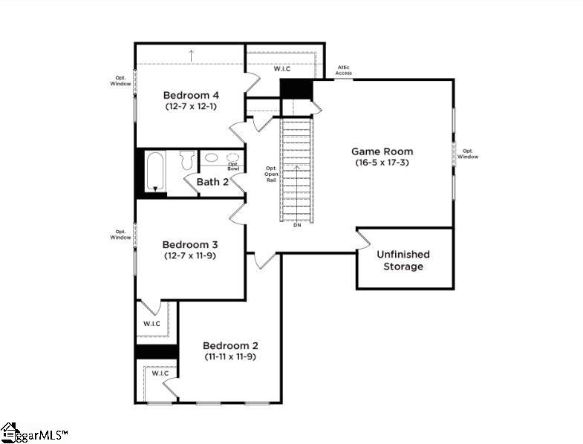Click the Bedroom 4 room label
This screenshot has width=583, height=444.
click(191, 95)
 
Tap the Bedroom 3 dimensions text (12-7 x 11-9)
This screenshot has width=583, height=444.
click(191, 256)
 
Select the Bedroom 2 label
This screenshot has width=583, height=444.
click(230, 345)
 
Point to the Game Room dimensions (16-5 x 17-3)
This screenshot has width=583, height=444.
click(382, 163)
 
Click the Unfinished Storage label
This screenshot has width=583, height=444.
click(403, 260)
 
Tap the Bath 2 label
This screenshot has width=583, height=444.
click(212, 181)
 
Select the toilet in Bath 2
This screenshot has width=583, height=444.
click(186, 159)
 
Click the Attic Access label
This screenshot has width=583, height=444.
click(343, 71)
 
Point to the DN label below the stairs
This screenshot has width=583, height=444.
click(296, 224)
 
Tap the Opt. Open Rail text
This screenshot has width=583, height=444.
click(271, 174)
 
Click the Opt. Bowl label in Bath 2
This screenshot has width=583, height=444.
click(233, 166)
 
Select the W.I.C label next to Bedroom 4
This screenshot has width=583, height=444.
click(281, 69)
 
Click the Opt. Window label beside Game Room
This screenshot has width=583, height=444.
click(467, 154)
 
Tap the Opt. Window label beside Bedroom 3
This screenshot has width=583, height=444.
click(121, 234)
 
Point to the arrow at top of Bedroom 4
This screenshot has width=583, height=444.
click(191, 55)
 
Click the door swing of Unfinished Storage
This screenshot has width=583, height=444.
click(363, 240)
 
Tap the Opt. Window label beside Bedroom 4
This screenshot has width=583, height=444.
click(121, 80)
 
